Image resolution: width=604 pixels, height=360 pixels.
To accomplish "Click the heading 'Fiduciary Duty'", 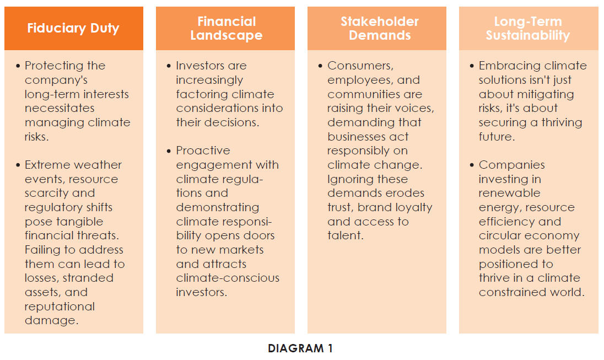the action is point(73,28).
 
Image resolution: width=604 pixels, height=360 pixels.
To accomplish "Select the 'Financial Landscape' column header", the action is point(227,28).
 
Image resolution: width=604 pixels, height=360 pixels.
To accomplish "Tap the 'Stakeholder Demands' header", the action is point(379,28).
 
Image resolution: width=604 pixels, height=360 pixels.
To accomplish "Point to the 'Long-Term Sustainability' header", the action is point(528,28).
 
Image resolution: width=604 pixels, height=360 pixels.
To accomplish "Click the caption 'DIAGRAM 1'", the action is point(300,348).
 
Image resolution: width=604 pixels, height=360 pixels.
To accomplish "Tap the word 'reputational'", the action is point(60,307).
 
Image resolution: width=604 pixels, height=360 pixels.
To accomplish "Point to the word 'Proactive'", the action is point(203,151).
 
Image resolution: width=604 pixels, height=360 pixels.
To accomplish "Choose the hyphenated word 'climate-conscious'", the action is point(228,278).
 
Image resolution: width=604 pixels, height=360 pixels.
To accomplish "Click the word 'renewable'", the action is point(510,193).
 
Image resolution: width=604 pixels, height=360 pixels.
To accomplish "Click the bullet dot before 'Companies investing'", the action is point(472,165).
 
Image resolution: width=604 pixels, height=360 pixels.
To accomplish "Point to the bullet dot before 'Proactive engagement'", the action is point(169,151).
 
